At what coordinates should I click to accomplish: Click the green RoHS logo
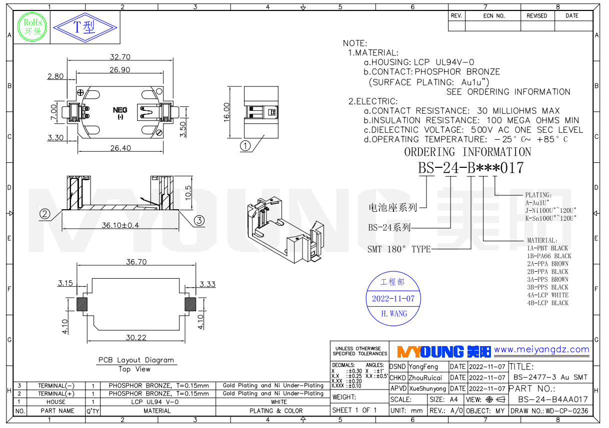32,27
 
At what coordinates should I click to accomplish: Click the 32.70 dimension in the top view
120,57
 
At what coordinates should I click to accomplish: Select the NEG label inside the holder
120,110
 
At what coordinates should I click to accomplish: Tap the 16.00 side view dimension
227,111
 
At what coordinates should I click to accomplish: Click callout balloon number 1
245,146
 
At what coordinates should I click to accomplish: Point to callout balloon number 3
198,220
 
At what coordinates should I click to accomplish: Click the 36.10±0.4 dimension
120,225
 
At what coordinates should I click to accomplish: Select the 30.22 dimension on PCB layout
136,338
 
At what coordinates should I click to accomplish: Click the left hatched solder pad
82,304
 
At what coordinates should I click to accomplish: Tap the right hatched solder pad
190,304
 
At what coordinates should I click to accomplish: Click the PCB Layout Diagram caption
136,360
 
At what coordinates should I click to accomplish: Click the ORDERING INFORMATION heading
467,152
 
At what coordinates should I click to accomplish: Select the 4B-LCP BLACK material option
547,303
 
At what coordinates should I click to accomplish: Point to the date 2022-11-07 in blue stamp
393,299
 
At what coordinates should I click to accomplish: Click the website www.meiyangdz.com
541,350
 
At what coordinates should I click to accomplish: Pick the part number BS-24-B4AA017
552,400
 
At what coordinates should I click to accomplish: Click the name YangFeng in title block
423,367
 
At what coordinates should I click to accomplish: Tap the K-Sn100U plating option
550,218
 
